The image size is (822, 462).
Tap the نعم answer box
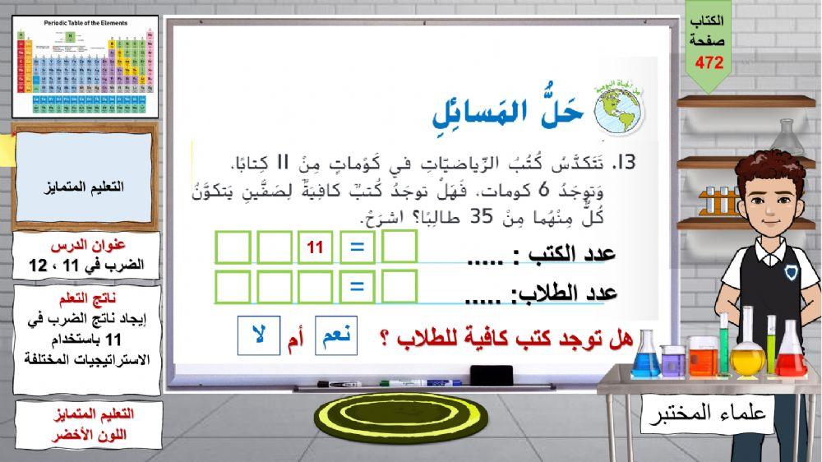[x=336, y=335]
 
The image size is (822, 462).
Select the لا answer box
[x=258, y=335]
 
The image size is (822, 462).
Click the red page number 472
[x=709, y=62]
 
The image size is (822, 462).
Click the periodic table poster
[x=85, y=67]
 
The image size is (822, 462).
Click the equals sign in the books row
[x=357, y=246]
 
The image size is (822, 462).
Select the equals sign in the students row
[x=357, y=286]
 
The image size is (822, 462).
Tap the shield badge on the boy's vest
[x=790, y=272]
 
